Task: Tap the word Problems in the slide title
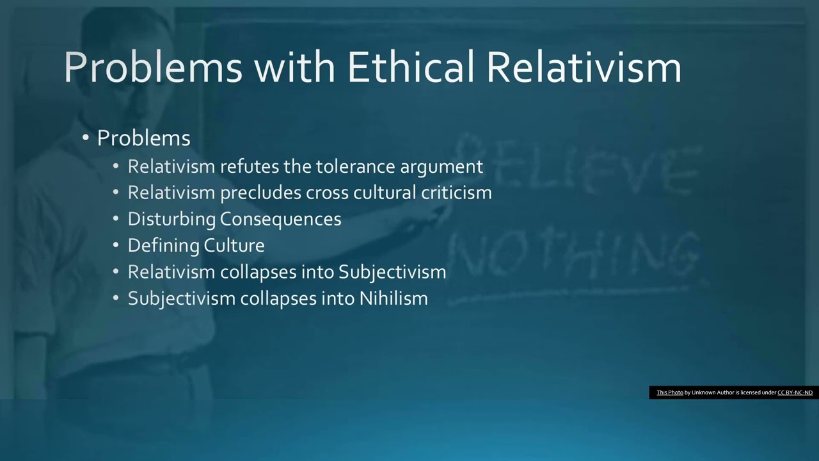[153, 67]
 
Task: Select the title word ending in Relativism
[584, 67]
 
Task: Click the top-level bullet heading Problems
[143, 138]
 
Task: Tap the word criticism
[456, 193]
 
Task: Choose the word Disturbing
[171, 219]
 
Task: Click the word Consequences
[280, 219]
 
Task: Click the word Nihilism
[394, 298]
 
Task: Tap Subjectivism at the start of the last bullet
[182, 298]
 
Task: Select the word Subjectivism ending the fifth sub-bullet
[392, 272]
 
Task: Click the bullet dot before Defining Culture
[116, 245]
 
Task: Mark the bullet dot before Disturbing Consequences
[116, 219]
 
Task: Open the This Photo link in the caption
[669, 392]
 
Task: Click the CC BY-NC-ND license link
[795, 392]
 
